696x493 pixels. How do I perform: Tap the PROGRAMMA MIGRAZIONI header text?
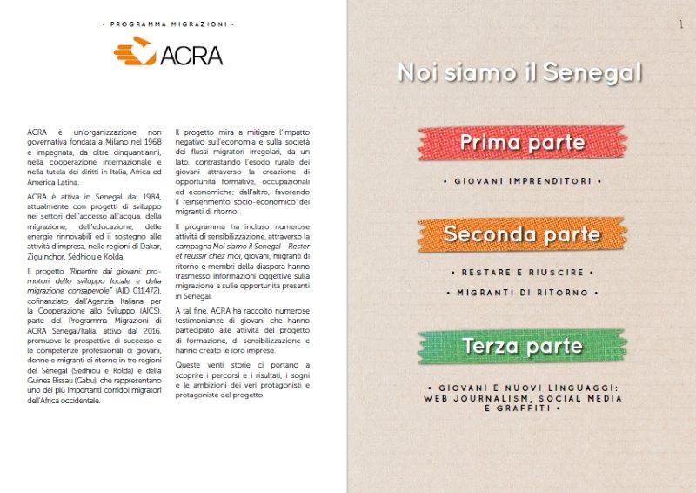click(x=168, y=23)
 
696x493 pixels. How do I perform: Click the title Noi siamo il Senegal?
click(x=519, y=72)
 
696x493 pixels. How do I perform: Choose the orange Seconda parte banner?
click(x=521, y=233)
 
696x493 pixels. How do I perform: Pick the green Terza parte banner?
click(x=522, y=346)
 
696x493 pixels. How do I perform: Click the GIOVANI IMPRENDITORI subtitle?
click(x=522, y=183)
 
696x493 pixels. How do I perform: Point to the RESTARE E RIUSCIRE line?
click(x=522, y=273)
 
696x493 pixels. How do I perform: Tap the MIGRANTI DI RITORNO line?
click(x=522, y=293)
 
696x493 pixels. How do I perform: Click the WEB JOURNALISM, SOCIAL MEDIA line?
click(x=522, y=398)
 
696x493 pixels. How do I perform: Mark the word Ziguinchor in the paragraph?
click(x=48, y=259)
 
